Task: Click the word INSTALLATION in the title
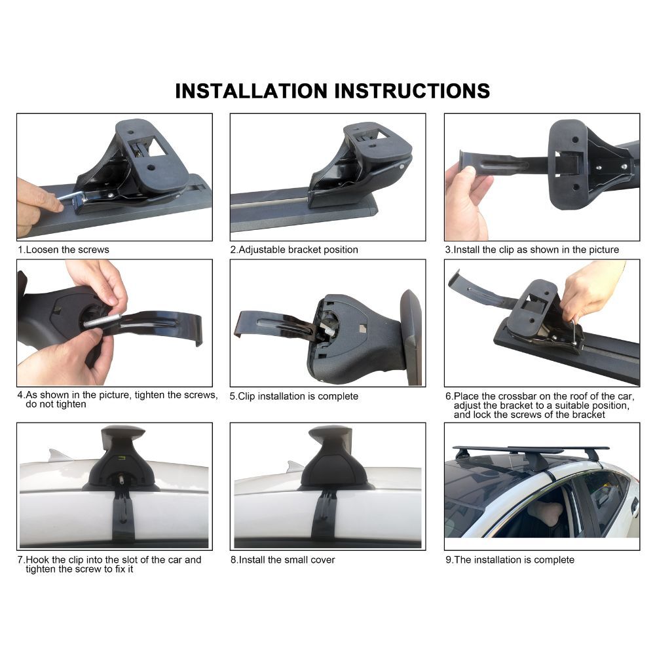(251, 91)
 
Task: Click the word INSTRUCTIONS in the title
(412, 91)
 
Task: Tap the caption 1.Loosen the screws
(63, 250)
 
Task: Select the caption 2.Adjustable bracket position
(294, 250)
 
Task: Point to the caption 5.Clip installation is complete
(294, 396)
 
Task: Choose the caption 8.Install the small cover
(283, 560)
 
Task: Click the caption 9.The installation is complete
(510, 560)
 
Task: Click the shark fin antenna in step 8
(294, 466)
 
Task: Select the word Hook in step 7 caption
(37, 560)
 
